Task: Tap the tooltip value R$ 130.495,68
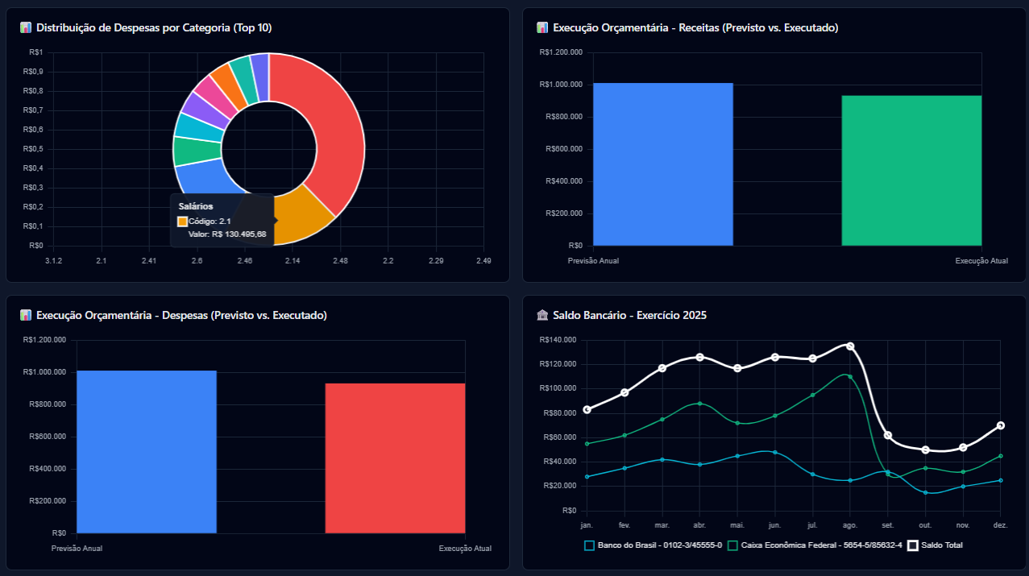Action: tap(238, 234)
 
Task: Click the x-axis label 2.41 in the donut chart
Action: tap(149, 261)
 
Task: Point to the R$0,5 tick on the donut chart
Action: tap(35, 149)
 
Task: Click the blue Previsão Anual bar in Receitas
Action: tap(662, 164)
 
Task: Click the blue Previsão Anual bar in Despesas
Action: tap(146, 452)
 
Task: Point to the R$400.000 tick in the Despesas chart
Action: tap(48, 469)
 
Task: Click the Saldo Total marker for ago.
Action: tap(850, 346)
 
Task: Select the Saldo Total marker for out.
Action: tap(926, 450)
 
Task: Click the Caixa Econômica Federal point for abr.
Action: tap(700, 404)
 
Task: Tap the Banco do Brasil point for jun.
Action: tap(775, 452)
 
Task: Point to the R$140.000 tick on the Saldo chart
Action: tap(558, 340)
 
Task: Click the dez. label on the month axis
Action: tap(1000, 524)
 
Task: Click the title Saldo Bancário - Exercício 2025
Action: tap(629, 315)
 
